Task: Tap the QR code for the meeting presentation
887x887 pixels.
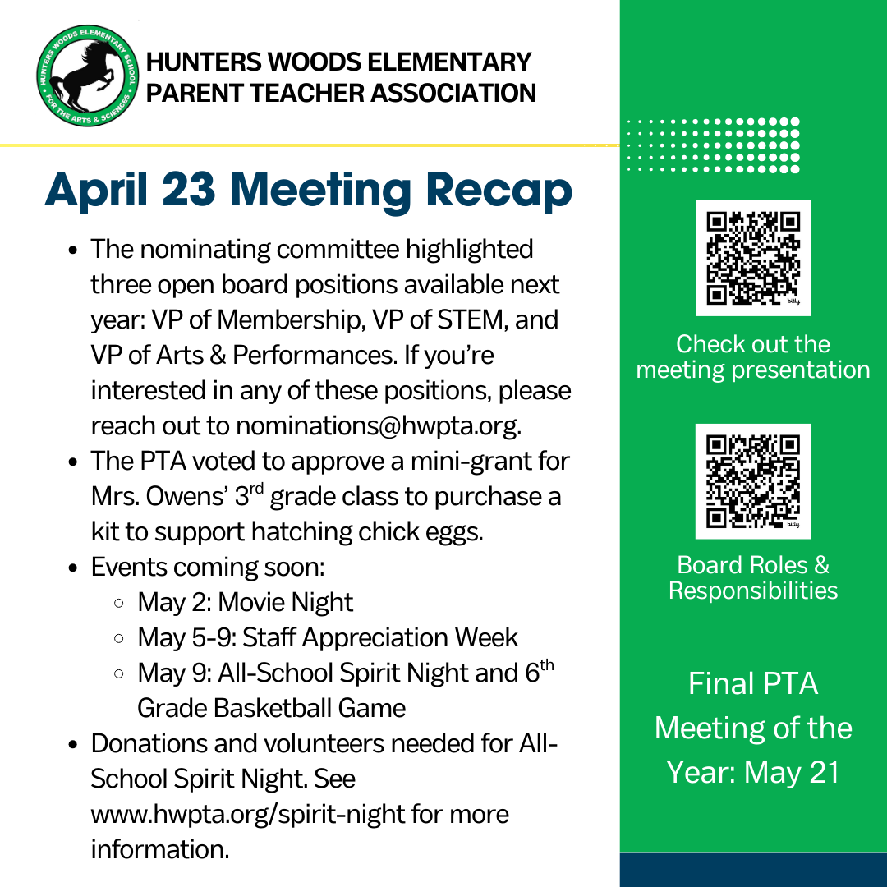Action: pyautogui.click(x=753, y=258)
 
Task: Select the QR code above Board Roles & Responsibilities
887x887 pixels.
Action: pyautogui.click(x=753, y=481)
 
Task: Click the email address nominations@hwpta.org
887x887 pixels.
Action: pyautogui.click(x=378, y=425)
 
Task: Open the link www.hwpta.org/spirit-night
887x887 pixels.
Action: pyautogui.click(x=248, y=814)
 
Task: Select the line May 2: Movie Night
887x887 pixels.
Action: pyautogui.click(x=245, y=602)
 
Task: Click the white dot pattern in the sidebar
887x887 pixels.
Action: pyautogui.click(x=713, y=145)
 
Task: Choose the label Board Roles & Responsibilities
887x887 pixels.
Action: pyautogui.click(x=753, y=577)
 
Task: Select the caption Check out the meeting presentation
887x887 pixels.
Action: pyautogui.click(x=753, y=356)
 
